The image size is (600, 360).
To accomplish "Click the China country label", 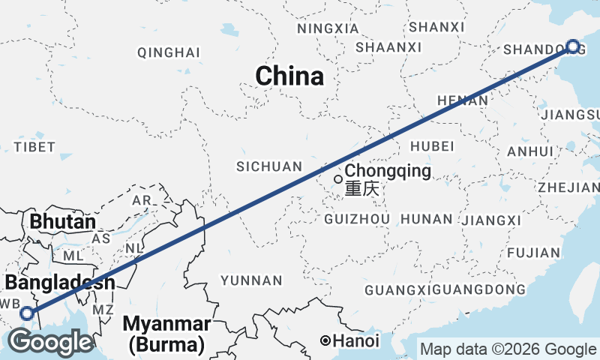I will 289,76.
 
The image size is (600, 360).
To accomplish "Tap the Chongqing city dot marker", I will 338,179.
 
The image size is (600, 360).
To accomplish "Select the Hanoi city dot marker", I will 325,340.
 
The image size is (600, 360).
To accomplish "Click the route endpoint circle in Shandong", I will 573,47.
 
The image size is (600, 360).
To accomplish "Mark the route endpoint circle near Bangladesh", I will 27,313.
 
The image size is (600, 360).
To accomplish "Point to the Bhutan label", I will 63,223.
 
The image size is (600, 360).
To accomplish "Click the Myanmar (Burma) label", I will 167,334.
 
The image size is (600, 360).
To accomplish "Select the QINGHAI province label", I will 169,52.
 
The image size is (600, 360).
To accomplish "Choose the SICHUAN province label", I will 268,166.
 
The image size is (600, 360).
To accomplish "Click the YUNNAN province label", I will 251,280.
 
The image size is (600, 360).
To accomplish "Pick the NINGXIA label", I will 328,28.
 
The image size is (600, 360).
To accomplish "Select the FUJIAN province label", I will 534,253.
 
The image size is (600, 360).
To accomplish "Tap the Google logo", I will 51,343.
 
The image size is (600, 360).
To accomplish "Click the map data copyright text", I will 508,349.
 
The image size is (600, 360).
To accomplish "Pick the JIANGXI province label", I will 492,220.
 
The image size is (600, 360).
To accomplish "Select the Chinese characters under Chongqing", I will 362,190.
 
